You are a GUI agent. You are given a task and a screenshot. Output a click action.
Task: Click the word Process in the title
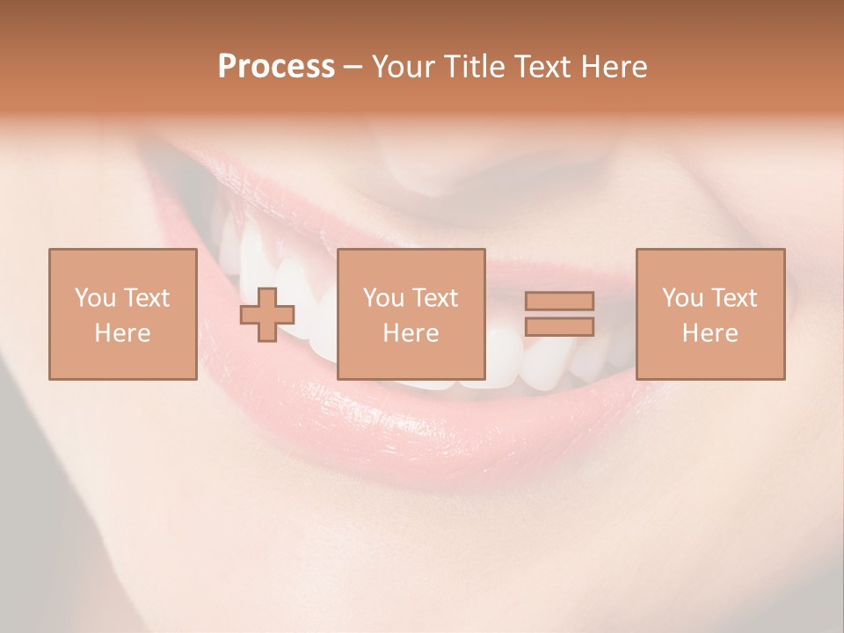[x=276, y=67]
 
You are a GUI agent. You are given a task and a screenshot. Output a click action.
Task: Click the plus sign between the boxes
[x=267, y=315]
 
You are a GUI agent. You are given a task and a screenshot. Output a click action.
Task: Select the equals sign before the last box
[x=559, y=314]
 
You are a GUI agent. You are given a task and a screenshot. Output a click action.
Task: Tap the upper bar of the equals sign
[x=559, y=302]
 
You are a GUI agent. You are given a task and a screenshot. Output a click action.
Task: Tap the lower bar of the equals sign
[x=559, y=326]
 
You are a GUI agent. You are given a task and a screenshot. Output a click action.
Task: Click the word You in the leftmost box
[x=94, y=298]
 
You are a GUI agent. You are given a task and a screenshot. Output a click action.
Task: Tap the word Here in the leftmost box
[x=122, y=333]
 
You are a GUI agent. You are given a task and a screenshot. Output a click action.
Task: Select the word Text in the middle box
[x=437, y=298]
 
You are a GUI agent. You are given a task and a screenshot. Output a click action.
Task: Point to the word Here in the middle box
[x=411, y=333]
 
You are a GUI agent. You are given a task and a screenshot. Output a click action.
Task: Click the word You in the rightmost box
[x=681, y=298]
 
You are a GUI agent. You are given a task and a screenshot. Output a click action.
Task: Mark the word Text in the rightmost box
[x=736, y=298]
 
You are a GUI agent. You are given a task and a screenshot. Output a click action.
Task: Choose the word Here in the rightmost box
[x=710, y=333]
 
